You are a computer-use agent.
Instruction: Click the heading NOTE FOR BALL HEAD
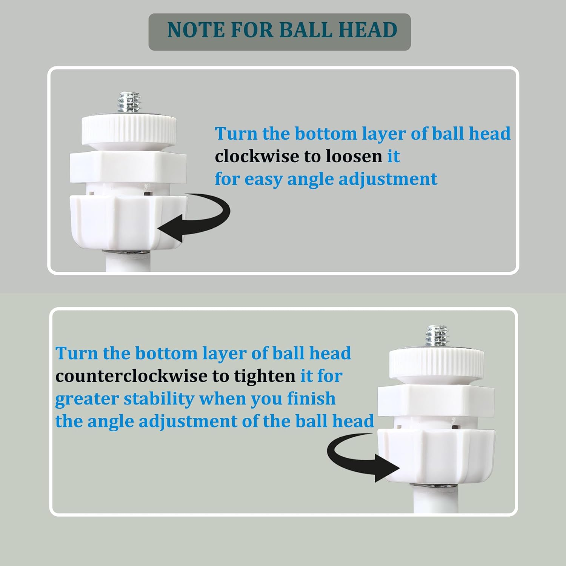pos(282,30)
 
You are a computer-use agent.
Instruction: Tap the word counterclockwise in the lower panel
pos(131,376)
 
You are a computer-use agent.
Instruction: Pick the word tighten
pos(265,377)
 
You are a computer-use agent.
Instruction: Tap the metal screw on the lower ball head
pos(437,337)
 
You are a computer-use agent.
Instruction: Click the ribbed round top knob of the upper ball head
pos(129,129)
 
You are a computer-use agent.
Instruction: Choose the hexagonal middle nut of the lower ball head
pos(437,400)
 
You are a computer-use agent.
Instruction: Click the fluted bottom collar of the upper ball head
pos(128,223)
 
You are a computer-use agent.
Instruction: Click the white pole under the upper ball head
pos(128,262)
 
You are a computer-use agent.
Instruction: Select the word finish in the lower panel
pos(311,398)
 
